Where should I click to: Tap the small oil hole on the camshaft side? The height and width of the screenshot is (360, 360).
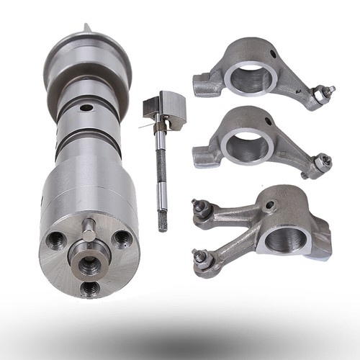click(x=86, y=108)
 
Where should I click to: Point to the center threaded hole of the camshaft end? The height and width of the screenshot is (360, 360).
click(x=89, y=264)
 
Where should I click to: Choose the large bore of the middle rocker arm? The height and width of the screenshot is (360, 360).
click(x=246, y=145)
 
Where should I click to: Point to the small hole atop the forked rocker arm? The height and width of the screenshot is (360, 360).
click(x=270, y=205)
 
